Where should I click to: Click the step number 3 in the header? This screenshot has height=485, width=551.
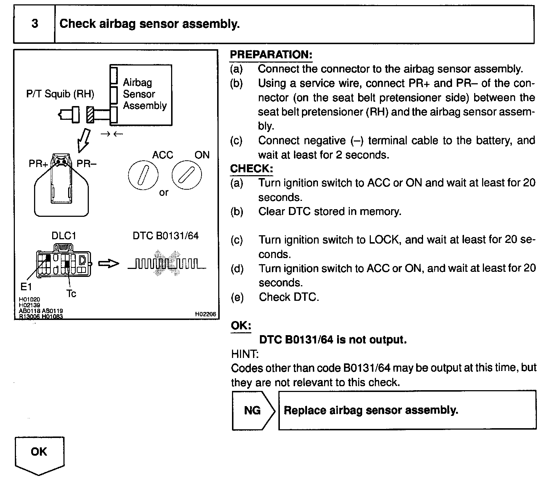[x=34, y=24]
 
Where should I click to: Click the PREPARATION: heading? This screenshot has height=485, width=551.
[x=271, y=55]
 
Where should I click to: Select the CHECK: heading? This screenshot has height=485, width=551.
[x=252, y=169]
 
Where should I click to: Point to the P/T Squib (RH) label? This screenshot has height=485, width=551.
[x=60, y=94]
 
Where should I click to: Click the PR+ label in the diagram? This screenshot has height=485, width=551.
[x=38, y=164]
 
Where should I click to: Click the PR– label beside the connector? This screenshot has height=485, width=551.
[x=87, y=164]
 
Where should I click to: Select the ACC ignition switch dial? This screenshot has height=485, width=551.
[x=143, y=176]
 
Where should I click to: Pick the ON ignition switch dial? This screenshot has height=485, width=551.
[x=186, y=176]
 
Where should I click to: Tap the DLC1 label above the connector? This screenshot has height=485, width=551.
[x=64, y=236]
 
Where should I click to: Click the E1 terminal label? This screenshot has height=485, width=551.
[x=26, y=287]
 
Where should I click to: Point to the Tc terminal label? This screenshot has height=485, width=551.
[x=71, y=294]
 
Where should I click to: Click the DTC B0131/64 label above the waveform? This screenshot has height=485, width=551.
[x=166, y=236]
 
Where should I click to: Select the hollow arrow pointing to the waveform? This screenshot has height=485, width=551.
[x=108, y=264]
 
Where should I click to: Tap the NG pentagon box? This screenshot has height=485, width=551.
[x=253, y=410]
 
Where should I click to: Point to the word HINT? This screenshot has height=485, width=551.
[x=245, y=354]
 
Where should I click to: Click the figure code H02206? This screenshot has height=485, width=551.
[x=205, y=315]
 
